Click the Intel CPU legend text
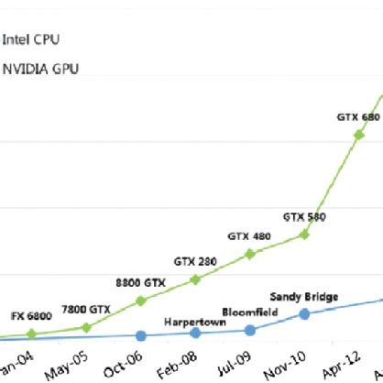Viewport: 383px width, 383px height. [31, 39]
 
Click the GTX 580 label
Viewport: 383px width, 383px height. [304, 217]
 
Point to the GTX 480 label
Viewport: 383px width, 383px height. [249, 236]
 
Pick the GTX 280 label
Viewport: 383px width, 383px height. [195, 262]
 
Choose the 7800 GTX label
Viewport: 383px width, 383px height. [85, 309]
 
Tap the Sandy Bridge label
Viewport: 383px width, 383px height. [304, 296]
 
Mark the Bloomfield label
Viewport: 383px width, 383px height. [249, 312]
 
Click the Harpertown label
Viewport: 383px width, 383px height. [195, 322]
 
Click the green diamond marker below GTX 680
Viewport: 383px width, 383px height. [359, 135]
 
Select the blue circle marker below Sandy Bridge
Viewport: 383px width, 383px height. [305, 313]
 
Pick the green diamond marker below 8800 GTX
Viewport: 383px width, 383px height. [140, 301]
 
